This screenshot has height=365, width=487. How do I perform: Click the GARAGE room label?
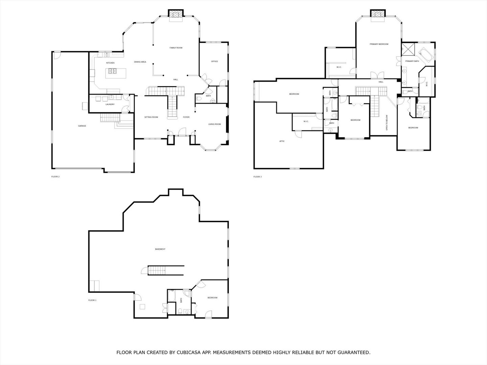coord(82,126)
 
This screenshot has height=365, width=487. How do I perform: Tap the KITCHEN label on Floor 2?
coord(110,63)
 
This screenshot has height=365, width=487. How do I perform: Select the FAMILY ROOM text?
coord(176,48)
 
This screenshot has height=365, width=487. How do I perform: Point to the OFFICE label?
coord(214,61)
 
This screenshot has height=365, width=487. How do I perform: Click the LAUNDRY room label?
coord(110,104)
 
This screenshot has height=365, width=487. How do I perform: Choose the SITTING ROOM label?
coord(151,117)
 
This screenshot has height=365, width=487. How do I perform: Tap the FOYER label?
coord(186,117)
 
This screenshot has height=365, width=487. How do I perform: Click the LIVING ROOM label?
coord(214,124)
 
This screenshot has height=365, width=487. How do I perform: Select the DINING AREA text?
coord(140,62)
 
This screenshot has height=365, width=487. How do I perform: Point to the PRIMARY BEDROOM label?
coord(379,44)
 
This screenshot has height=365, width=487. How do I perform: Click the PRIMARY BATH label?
coord(412,61)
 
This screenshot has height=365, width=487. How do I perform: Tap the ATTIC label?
coord(282,141)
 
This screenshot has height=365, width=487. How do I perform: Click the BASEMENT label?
coord(160,249)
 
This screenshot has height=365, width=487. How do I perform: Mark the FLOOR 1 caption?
coord(92,300)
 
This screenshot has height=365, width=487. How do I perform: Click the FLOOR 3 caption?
coord(257,176)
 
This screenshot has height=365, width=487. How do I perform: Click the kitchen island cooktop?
coord(112,71)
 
